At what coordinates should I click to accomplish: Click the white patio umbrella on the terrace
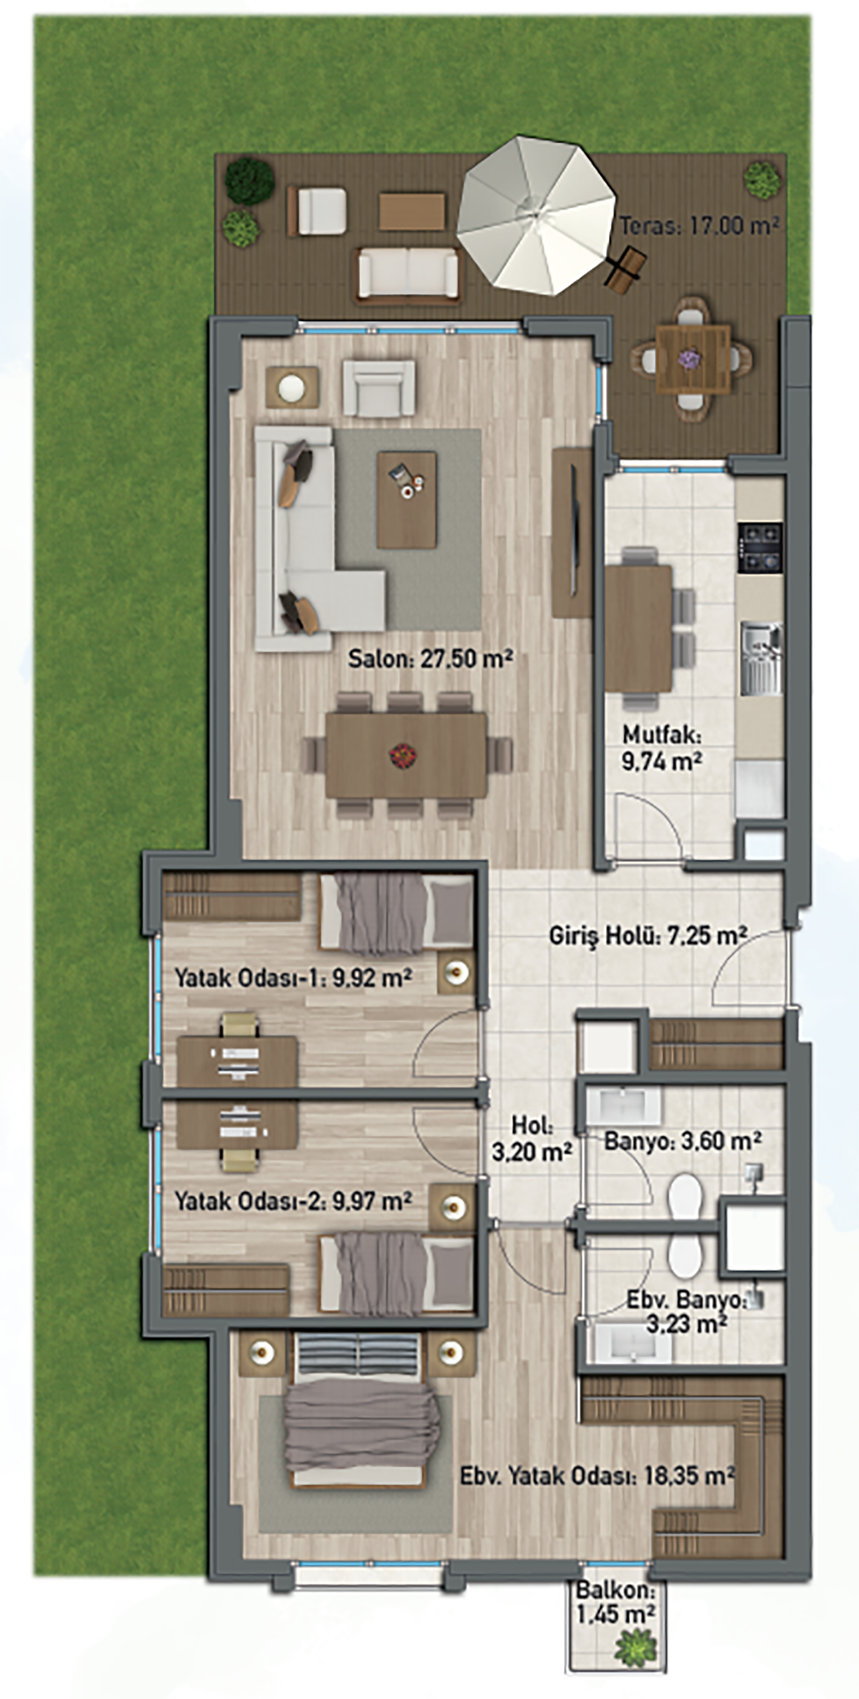537,216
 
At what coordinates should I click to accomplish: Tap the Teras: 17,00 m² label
700,226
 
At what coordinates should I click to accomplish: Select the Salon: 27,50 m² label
431,658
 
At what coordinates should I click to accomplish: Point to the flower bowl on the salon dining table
403,754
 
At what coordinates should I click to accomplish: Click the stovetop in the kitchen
760,547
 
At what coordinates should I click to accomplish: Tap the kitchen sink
761,658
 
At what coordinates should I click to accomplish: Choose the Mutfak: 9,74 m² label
662,748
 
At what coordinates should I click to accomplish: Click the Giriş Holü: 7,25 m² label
648,935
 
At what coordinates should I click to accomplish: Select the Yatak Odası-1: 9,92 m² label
293,978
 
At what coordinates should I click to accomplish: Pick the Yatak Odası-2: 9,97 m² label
293,1201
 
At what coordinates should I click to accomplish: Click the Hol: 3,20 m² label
532,1139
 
